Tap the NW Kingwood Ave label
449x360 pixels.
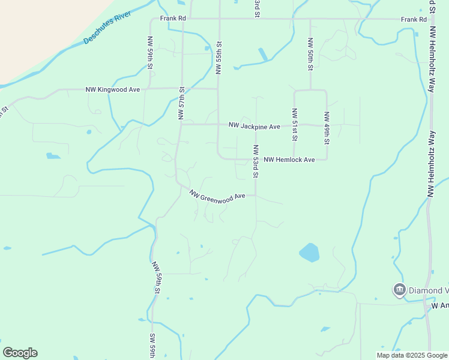[112, 89]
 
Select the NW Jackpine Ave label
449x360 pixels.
[254, 127]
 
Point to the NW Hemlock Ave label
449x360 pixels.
[289, 160]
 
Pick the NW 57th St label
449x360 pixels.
[181, 102]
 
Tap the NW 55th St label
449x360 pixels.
[219, 58]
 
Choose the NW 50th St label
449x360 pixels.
[310, 55]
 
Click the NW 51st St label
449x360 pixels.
[294, 124]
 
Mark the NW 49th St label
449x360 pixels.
[327, 128]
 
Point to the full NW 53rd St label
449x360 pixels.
[255, 161]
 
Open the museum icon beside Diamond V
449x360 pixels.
[399, 290]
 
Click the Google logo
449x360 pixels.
[20, 353]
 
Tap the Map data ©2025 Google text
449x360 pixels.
[412, 355]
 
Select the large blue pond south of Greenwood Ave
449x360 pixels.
[309, 253]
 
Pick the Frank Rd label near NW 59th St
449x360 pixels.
[173, 19]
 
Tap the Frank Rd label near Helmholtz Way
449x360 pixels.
[414, 19]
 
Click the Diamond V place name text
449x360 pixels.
[429, 290]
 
